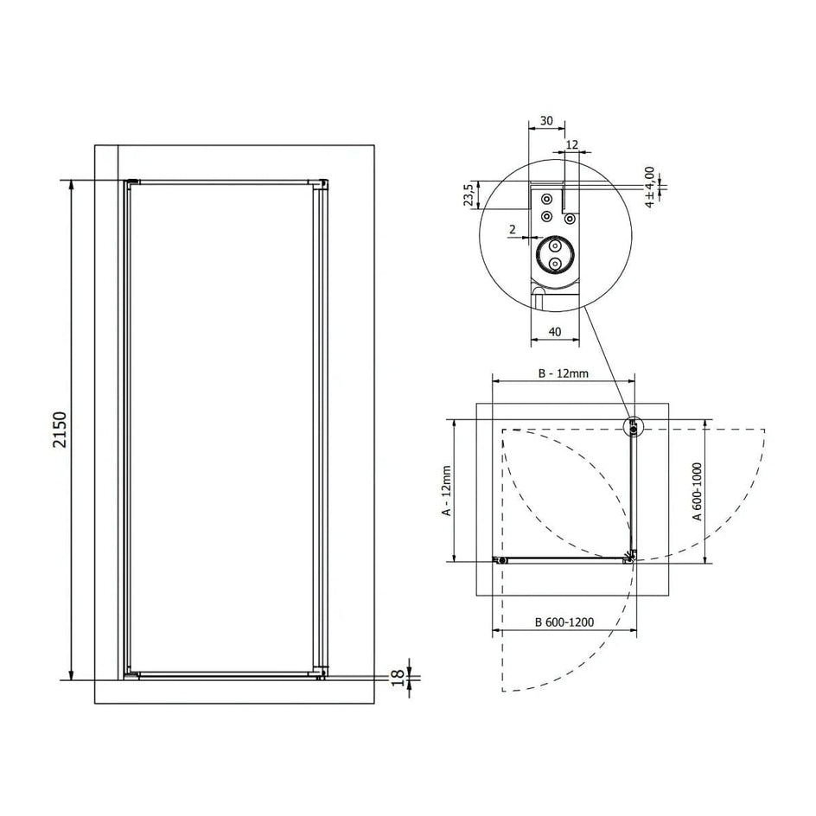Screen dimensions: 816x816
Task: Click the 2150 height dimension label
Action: [60, 430]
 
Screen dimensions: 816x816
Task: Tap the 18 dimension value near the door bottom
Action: [398, 678]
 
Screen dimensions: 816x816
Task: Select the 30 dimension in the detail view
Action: [546, 121]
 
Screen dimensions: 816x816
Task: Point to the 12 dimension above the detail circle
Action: [572, 144]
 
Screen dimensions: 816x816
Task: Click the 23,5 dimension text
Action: [469, 194]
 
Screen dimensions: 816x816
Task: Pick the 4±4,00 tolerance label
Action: [649, 188]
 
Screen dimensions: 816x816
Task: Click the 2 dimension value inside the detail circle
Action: [513, 229]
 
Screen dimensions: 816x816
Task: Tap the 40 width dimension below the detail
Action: [555, 332]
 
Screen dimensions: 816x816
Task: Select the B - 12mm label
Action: [563, 373]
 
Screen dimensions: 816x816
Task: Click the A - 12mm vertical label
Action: [447, 491]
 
